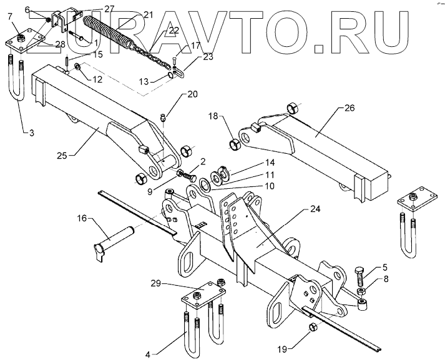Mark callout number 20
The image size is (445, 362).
coord(192,95)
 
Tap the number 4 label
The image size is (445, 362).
coord(148,354)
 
